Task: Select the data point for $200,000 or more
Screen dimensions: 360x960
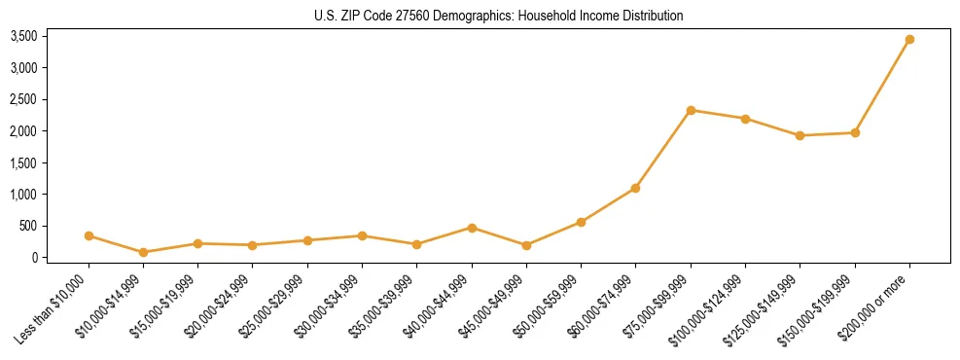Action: point(909,40)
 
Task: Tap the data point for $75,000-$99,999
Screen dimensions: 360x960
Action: point(691,110)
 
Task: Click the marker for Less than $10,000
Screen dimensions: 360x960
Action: point(89,235)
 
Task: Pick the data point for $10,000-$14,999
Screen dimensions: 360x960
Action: point(143,252)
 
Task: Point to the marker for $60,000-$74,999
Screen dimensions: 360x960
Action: point(635,188)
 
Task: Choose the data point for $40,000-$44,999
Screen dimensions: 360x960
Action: point(472,228)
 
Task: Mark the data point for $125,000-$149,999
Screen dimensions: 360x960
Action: point(800,135)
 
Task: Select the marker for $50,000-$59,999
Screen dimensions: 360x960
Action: point(581,222)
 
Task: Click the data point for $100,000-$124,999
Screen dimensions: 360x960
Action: point(745,119)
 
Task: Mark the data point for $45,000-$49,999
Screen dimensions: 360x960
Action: point(526,245)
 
